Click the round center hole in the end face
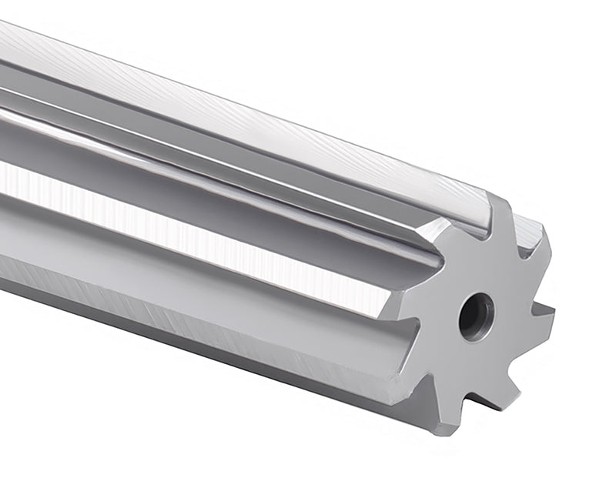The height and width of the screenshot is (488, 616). click(475, 313)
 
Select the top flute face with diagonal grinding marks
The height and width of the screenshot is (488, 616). click(269, 115)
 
